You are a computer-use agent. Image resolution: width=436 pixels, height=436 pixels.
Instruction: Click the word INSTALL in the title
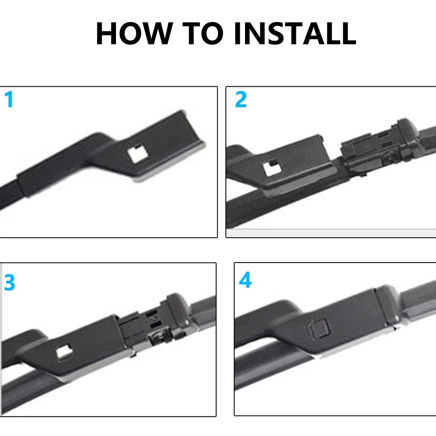295,33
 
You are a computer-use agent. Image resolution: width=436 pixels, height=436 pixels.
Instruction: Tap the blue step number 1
9,100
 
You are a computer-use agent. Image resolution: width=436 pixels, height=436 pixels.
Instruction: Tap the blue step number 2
241,100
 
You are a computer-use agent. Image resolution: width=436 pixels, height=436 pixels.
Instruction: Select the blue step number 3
9,283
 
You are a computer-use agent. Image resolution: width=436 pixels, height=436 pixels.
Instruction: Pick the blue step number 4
245,281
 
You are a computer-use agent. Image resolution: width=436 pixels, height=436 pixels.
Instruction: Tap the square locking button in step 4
317,327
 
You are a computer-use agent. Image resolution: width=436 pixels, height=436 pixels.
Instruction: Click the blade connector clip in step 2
366,148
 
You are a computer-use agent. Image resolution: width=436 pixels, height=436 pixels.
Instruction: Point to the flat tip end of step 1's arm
192,131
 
